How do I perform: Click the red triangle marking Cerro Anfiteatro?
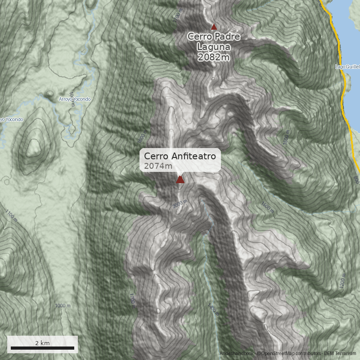(180, 180)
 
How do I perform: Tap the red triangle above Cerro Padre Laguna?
(214, 27)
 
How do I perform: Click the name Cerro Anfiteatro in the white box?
(180, 156)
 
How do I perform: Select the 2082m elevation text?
(213, 57)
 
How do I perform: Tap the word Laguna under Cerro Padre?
(213, 47)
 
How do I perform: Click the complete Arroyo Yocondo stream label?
(75, 99)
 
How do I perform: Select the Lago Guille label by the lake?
(347, 67)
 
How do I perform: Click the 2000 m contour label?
(180, 204)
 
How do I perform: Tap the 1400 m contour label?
(212, 310)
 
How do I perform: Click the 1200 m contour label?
(343, 281)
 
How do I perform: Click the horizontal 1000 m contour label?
(63, 306)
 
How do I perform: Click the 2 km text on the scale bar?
(42, 343)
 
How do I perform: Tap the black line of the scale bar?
(42, 348)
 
